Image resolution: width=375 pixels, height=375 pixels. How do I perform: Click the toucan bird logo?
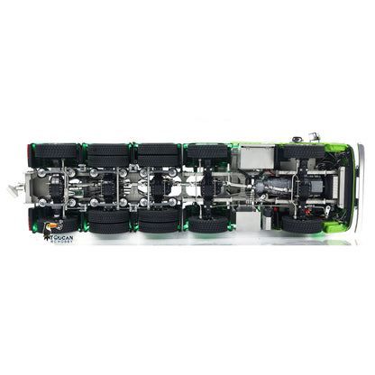click(x=51, y=229)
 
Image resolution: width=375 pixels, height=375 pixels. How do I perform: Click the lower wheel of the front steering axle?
click(x=304, y=223)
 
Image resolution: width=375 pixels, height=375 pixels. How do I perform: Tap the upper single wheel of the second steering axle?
click(x=208, y=154)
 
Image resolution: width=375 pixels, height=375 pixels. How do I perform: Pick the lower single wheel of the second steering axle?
click(x=208, y=224)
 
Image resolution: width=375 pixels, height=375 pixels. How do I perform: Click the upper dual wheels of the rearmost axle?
click(x=55, y=154)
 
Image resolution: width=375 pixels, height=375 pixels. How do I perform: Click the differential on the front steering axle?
click(x=307, y=188)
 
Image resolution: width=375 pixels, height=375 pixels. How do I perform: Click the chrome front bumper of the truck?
click(x=358, y=189)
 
